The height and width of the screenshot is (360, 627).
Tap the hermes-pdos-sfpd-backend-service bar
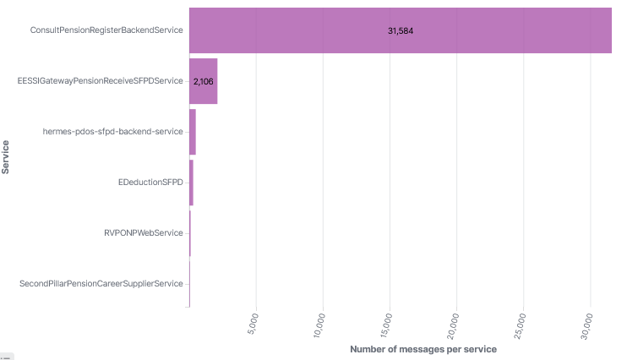tap(193, 132)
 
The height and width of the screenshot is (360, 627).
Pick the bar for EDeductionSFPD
tap(191, 183)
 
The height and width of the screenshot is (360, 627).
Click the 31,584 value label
tap(400, 31)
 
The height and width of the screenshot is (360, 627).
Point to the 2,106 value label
tap(203, 82)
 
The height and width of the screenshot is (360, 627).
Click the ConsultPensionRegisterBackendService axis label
tap(106, 30)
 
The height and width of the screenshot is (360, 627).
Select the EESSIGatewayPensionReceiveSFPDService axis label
tap(100, 81)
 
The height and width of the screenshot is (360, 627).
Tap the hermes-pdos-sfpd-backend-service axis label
tap(112, 132)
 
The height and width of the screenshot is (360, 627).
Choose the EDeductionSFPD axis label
tap(150, 183)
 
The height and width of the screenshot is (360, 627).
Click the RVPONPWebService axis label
tap(143, 232)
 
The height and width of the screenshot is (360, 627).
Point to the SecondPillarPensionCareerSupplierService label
tap(101, 283)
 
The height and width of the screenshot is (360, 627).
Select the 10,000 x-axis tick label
tap(324, 325)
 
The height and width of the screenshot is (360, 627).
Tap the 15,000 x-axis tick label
tap(390, 325)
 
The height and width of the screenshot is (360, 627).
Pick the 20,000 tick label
tap(457, 325)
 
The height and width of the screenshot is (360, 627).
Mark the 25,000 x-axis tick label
tap(524, 325)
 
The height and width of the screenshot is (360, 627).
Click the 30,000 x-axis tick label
tap(591, 325)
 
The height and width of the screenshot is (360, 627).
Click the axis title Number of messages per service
tap(423, 349)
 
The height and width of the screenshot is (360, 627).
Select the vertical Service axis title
tap(6, 156)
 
